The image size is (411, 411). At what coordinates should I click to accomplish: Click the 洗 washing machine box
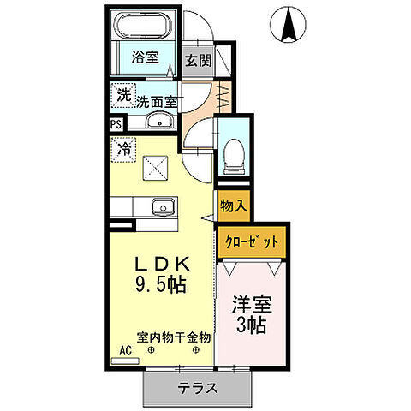(124, 95)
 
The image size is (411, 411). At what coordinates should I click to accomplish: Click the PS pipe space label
(116, 123)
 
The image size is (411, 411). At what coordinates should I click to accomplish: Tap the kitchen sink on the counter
(160, 207)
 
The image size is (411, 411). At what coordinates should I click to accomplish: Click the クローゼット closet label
(253, 242)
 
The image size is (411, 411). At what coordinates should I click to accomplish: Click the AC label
(125, 351)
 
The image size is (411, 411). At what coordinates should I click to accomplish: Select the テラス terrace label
(198, 388)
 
